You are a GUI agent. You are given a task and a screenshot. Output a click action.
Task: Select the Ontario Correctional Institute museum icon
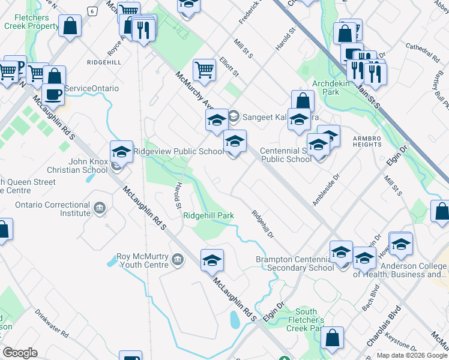(x=100, y=209)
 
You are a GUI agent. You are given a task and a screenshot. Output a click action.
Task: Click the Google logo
(x=20, y=353)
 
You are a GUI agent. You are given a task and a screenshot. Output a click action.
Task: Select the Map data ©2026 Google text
(x=412, y=355)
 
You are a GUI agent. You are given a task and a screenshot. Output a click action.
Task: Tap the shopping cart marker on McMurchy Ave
(x=205, y=71)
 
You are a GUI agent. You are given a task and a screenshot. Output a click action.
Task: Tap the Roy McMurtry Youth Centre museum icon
(x=177, y=260)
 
